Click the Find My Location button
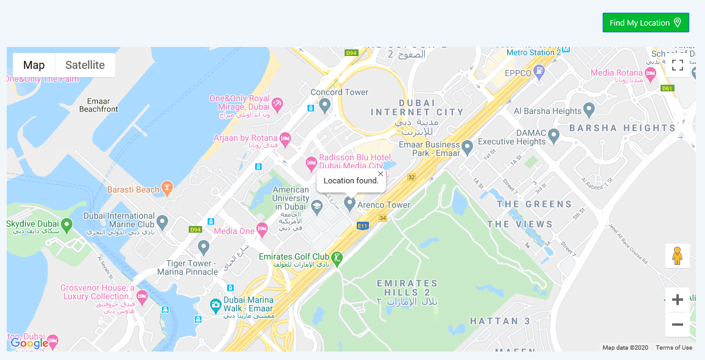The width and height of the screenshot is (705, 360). click(645, 23)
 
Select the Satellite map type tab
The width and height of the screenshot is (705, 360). click(85, 65)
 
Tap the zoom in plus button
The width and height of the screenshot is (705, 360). click(677, 300)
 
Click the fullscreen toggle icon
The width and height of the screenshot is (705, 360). click(678, 65)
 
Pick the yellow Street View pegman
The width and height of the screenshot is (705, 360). click(677, 256)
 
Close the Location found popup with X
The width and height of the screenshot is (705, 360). click(381, 174)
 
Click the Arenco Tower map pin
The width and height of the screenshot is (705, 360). click(349, 203)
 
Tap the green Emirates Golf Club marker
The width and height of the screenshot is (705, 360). click(337, 258)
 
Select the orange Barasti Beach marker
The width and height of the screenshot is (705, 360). click(167, 189)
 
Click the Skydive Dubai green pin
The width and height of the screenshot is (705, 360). click(67, 225)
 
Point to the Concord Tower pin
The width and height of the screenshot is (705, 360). click(325, 106)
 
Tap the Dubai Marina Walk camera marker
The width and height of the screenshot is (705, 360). click(215, 305)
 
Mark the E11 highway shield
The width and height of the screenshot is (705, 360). click(363, 226)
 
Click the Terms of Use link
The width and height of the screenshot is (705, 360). click(673, 348)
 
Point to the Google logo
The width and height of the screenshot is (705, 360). click(29, 344)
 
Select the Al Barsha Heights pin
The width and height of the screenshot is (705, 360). click(589, 110)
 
